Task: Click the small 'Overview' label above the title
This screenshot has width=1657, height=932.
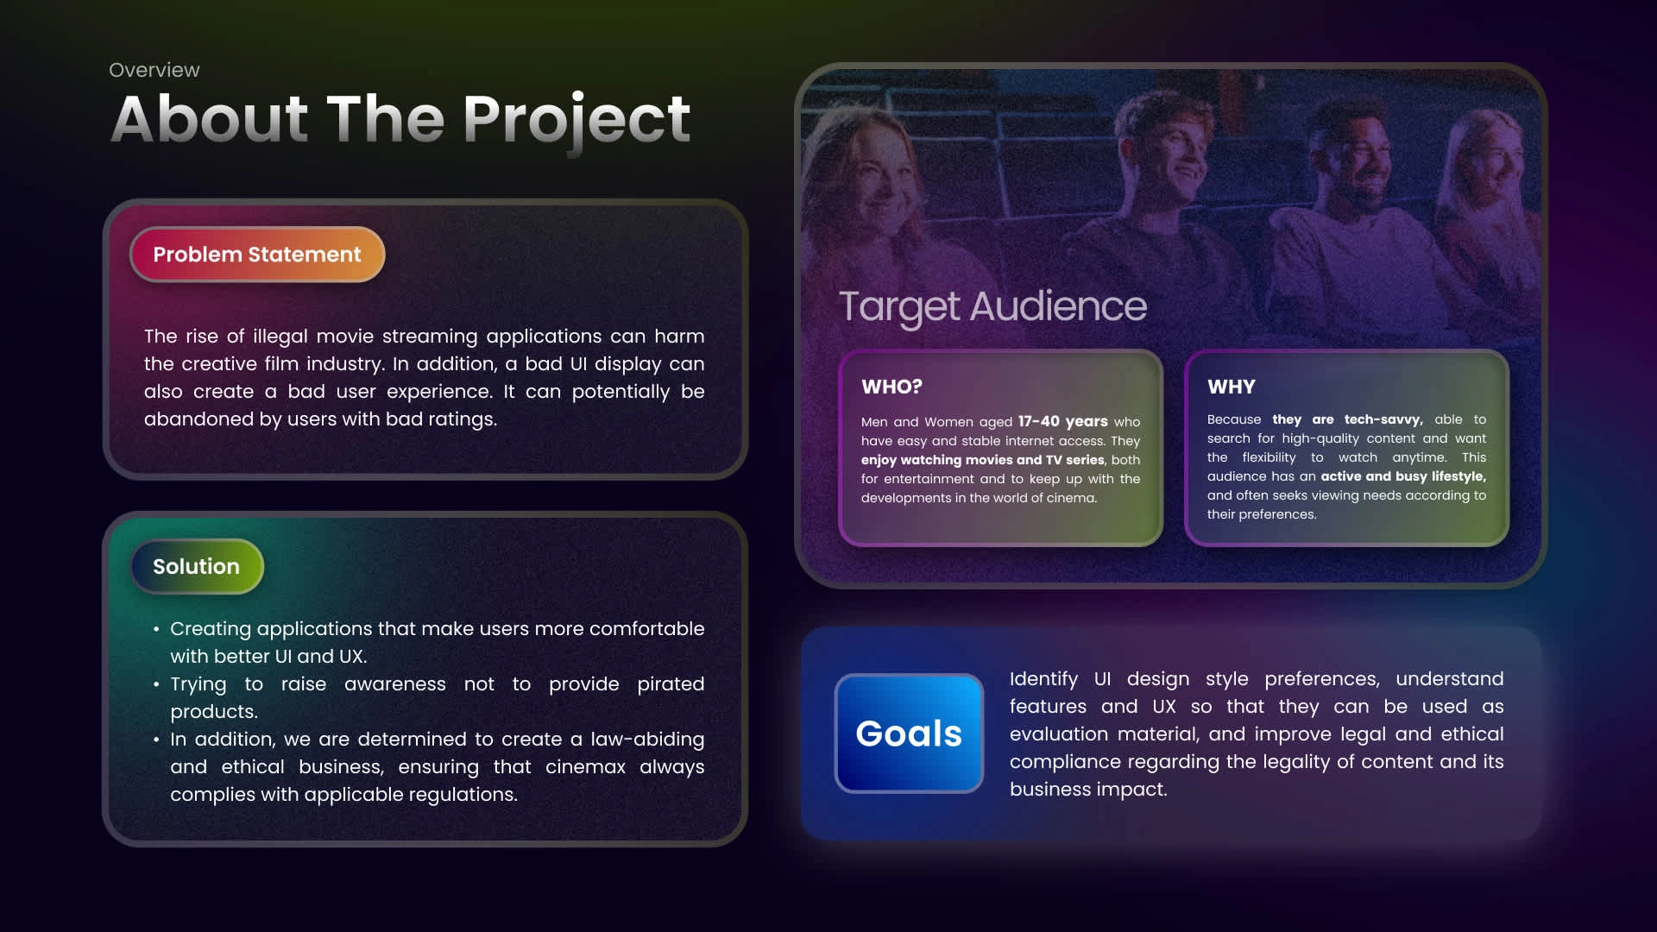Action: (154, 70)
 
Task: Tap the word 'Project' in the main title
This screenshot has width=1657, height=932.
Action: (576, 121)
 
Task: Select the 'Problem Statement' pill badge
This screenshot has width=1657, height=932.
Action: (257, 255)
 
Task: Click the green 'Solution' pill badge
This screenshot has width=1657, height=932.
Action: (197, 566)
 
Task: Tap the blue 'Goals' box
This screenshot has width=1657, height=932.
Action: (909, 734)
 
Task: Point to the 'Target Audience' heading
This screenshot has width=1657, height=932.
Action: (992, 306)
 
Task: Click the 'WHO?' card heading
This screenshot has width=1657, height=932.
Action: (892, 387)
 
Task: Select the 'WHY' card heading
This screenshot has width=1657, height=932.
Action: (1232, 387)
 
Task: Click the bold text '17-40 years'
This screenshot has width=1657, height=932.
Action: (1062, 421)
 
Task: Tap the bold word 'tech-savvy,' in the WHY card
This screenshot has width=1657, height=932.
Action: (1383, 419)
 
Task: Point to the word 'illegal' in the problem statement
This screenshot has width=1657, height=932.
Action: (280, 337)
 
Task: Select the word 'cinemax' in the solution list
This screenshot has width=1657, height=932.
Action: (585, 767)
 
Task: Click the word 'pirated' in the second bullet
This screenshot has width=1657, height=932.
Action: (671, 684)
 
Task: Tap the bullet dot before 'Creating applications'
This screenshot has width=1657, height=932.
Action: (156, 630)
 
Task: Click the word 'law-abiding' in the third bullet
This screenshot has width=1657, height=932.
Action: (647, 740)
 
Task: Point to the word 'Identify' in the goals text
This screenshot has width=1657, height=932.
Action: (1043, 679)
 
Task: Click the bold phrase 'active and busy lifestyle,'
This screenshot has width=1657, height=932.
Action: (1403, 476)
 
